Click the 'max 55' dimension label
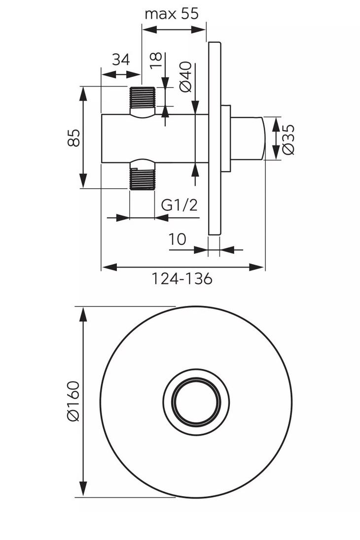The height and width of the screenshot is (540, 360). click(x=171, y=14)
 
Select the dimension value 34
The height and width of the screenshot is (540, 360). click(x=120, y=60)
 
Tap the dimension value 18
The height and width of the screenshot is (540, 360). click(x=156, y=63)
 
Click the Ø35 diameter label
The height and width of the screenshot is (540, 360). click(x=288, y=139)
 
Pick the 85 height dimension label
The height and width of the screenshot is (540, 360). click(x=73, y=137)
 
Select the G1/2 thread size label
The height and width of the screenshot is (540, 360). click(x=180, y=205)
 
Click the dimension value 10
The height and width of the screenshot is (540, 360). click(x=177, y=239)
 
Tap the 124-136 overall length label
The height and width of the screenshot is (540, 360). click(x=181, y=279)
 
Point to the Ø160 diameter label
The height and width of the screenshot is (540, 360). click(x=73, y=401)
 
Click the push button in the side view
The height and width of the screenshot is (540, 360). click(x=248, y=139)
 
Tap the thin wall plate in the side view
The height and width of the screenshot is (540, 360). click(x=215, y=138)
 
